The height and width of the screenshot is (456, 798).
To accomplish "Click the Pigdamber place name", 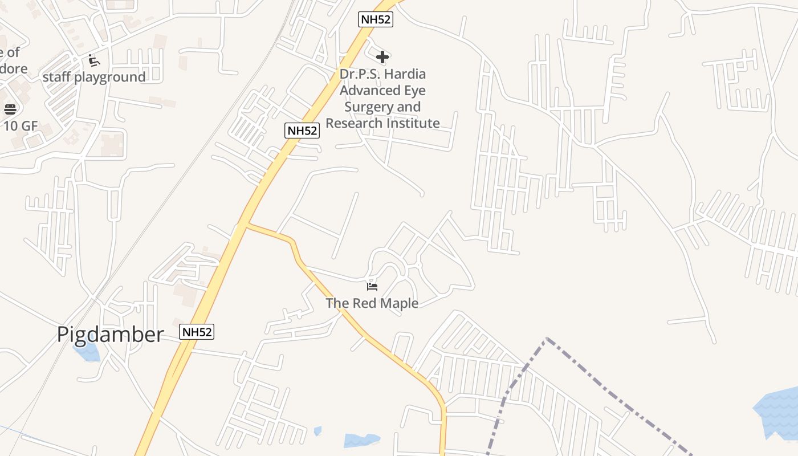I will [110, 335].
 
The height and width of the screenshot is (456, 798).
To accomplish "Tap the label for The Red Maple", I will [372, 303].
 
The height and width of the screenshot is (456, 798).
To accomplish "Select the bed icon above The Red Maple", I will [372, 286].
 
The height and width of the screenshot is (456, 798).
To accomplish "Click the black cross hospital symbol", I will [382, 56].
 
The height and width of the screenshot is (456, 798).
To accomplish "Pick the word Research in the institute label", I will [354, 123].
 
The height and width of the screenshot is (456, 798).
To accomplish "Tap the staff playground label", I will [94, 77].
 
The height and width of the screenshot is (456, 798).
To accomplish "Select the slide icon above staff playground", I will [94, 60].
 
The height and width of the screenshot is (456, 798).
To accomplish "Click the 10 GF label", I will [21, 126].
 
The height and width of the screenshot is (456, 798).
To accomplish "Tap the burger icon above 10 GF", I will [10, 109].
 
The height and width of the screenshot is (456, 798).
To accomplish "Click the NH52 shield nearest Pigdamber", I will [197, 332].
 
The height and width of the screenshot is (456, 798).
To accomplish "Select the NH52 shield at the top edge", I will [376, 19].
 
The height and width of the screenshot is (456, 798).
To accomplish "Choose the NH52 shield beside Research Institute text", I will [302, 131].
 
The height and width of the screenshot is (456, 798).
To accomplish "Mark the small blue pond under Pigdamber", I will [88, 352].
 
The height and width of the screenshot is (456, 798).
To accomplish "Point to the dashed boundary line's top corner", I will [547, 339].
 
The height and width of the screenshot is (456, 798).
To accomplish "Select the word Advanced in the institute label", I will [382, 91].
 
